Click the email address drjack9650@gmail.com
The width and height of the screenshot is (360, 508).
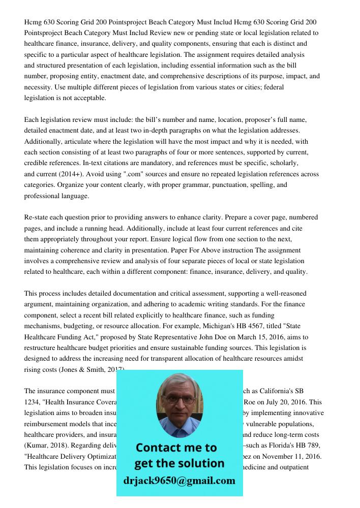click(179, 481)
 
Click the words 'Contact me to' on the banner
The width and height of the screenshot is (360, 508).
click(176, 448)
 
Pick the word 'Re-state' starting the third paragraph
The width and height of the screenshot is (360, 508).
click(36, 217)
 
